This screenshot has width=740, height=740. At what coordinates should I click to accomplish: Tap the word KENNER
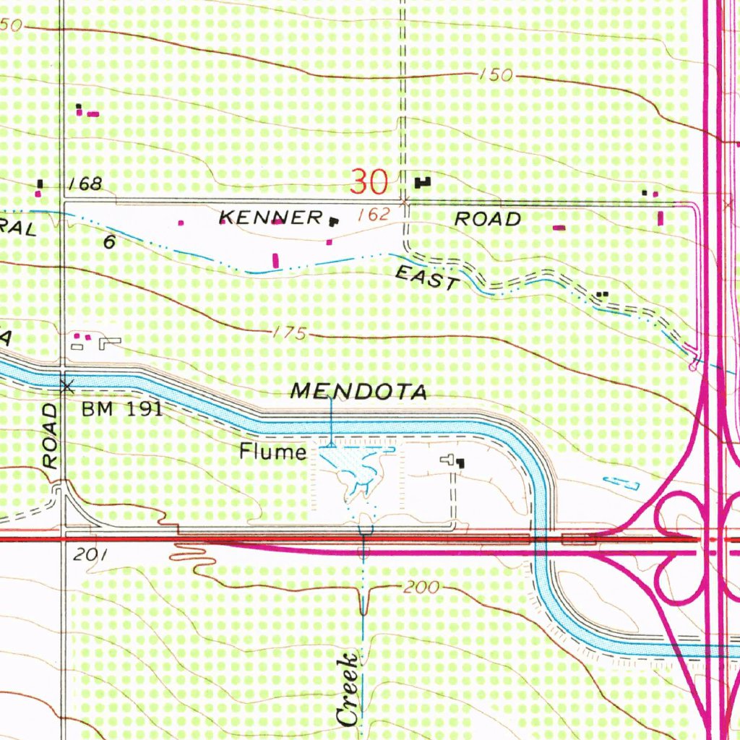tap(271, 217)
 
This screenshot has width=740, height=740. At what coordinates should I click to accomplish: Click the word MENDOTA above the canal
tap(359, 392)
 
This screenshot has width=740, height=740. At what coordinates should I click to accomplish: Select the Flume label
tap(273, 452)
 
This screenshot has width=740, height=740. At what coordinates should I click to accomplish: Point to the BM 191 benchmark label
tap(121, 410)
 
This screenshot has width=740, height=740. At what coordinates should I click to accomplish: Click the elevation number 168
tap(85, 184)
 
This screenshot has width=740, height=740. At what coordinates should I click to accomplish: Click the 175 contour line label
tap(291, 333)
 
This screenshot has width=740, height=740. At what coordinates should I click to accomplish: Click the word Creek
tap(348, 689)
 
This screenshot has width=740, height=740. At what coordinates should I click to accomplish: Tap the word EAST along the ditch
tap(426, 277)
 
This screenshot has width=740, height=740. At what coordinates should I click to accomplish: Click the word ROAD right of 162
tap(488, 218)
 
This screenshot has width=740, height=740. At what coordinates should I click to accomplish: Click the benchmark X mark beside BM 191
tap(67, 387)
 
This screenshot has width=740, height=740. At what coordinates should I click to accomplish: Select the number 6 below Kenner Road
tap(108, 242)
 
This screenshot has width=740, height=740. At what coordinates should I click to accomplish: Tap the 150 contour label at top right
tap(496, 76)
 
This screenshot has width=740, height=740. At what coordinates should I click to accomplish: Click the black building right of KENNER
tap(333, 220)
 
